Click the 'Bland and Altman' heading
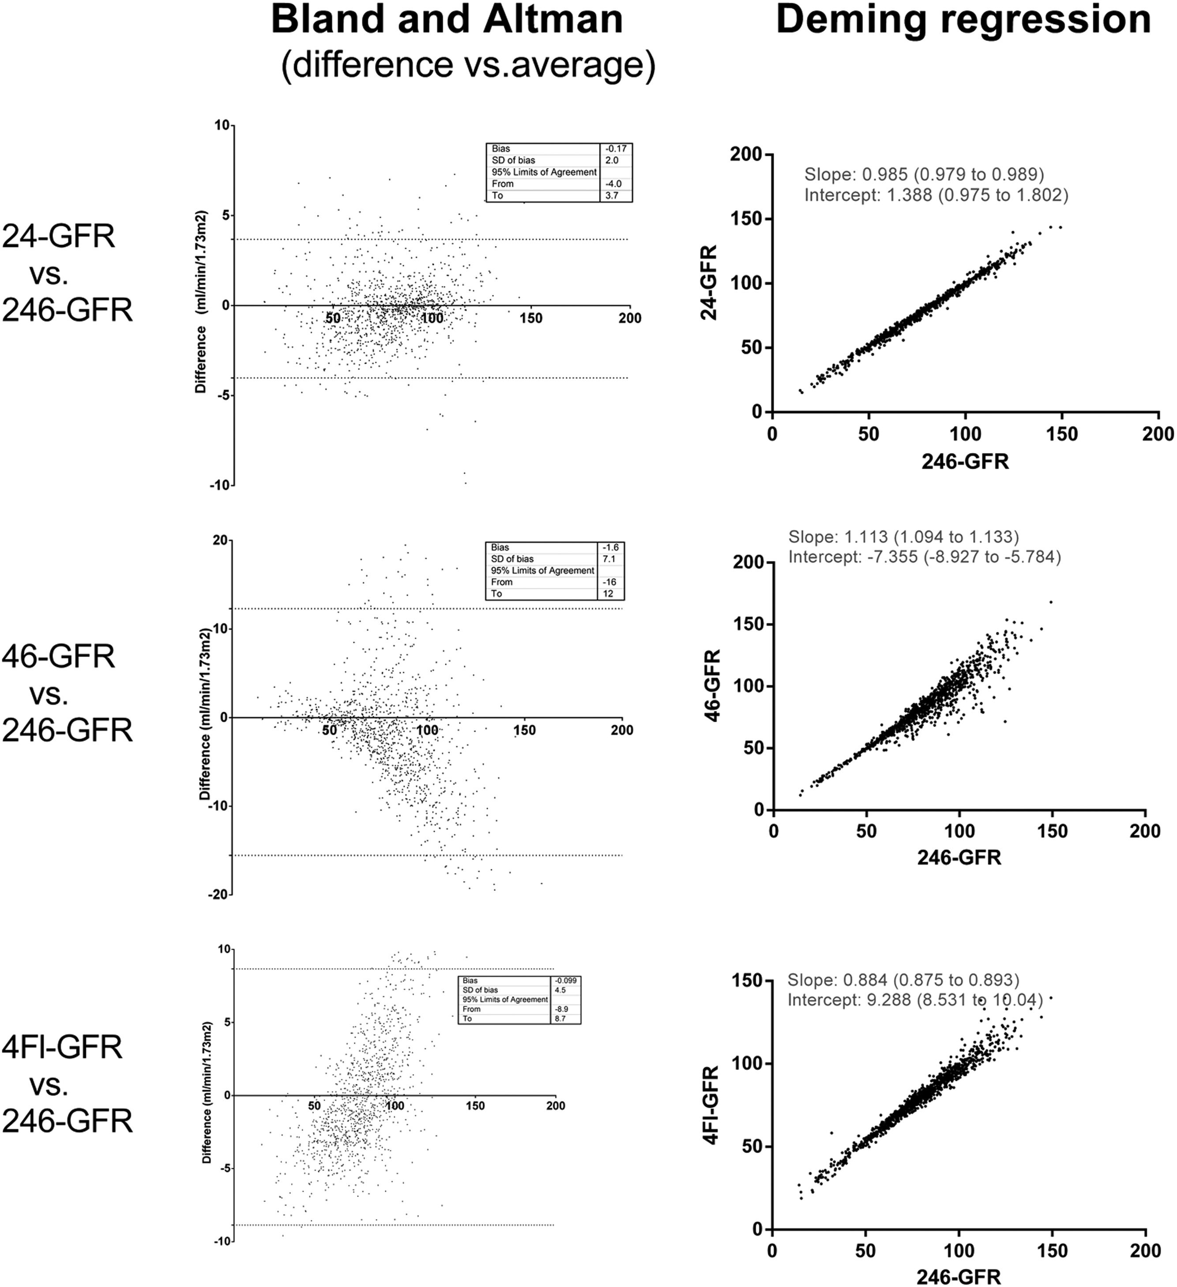pyautogui.click(x=447, y=19)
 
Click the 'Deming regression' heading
pyautogui.click(x=963, y=19)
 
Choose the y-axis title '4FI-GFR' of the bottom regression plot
pyautogui.click(x=711, y=1104)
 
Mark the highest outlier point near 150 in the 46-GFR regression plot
pyautogui.click(x=1051, y=602)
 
